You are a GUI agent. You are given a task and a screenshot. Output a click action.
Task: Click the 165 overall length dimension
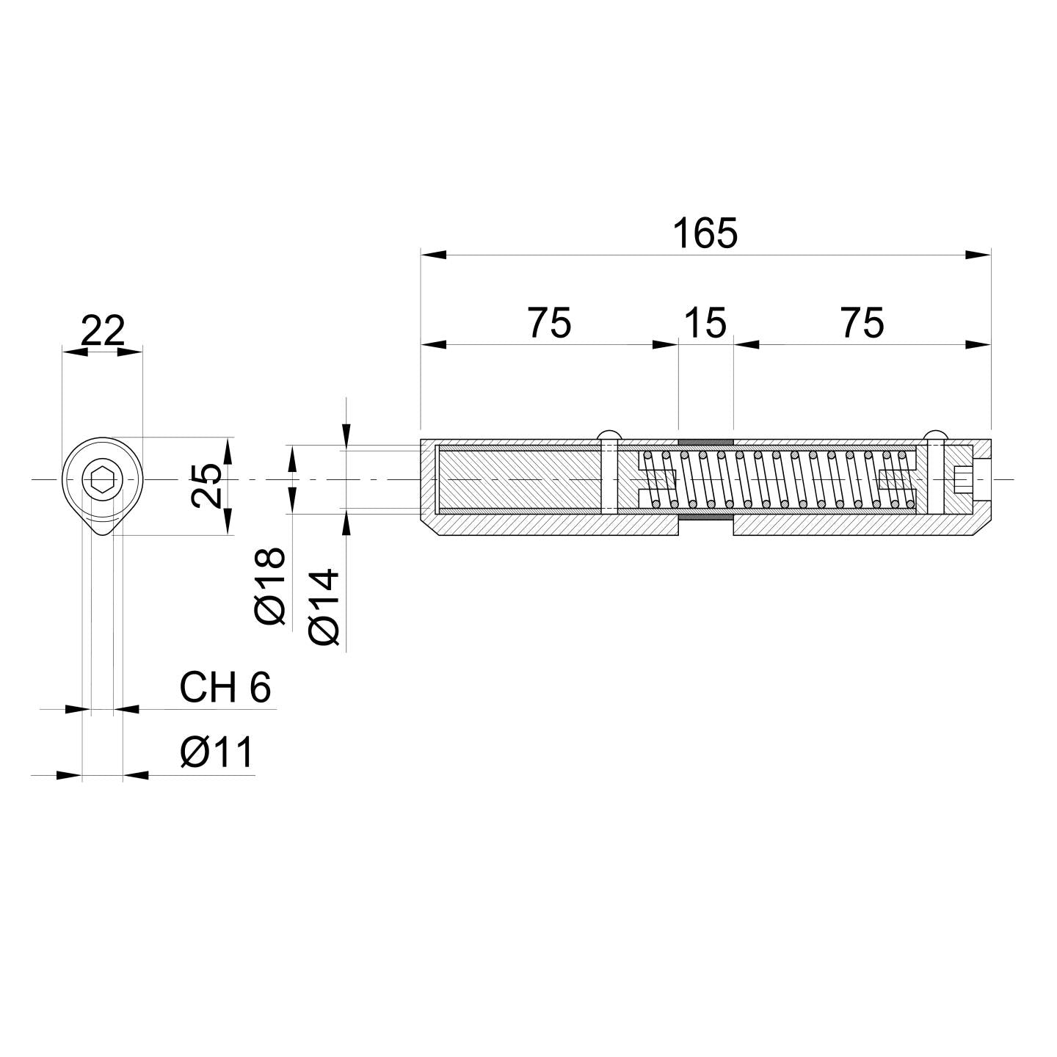(705, 234)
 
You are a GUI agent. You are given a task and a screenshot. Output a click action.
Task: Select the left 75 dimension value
(549, 324)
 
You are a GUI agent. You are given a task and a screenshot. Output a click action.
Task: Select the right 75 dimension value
(862, 324)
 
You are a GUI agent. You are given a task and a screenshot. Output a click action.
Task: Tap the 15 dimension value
(705, 324)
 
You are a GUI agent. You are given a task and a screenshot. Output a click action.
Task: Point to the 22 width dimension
(103, 332)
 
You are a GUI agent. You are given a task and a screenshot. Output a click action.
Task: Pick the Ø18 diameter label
(270, 586)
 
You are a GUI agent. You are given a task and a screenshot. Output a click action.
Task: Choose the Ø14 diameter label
(325, 606)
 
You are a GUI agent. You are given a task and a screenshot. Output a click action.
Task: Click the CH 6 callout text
(225, 688)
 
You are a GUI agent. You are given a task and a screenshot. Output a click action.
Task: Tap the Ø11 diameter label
(217, 752)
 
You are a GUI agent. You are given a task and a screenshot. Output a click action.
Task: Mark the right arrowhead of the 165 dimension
(978, 255)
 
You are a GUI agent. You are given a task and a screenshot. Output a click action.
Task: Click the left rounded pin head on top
(609, 434)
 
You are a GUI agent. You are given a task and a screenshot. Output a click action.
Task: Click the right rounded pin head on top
(935, 434)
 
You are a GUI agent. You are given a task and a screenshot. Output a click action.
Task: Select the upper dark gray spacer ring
(705, 442)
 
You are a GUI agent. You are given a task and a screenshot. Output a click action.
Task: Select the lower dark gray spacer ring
(705, 517)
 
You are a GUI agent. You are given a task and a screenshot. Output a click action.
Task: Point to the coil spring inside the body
(778, 479)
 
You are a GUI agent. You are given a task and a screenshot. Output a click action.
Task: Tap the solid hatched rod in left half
(518, 479)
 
